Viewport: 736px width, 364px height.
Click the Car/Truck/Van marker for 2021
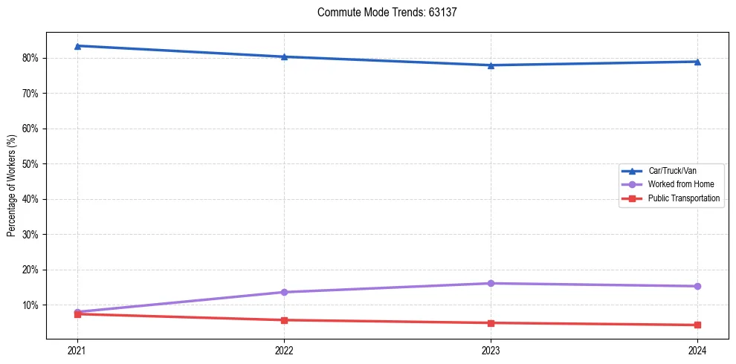[77, 46]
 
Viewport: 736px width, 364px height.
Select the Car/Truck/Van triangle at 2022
[284, 56]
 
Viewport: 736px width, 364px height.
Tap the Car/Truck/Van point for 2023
[491, 65]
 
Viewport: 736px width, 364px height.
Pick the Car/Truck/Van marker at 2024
[697, 62]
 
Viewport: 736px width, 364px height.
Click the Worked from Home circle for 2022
[284, 292]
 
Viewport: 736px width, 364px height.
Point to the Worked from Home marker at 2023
[491, 283]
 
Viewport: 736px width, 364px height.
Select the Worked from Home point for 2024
[697, 286]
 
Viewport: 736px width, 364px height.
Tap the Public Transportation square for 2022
[284, 320]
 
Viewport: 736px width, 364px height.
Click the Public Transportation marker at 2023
[491, 323]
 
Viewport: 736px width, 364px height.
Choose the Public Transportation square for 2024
[697, 325]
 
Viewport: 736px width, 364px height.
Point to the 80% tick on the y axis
[30, 58]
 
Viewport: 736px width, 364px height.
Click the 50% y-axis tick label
[30, 163]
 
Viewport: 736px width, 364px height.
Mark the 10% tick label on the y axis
[30, 305]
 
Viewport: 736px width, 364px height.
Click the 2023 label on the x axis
[491, 350]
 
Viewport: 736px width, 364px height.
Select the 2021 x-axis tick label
[77, 350]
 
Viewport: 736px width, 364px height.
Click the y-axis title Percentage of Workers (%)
[11, 184]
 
